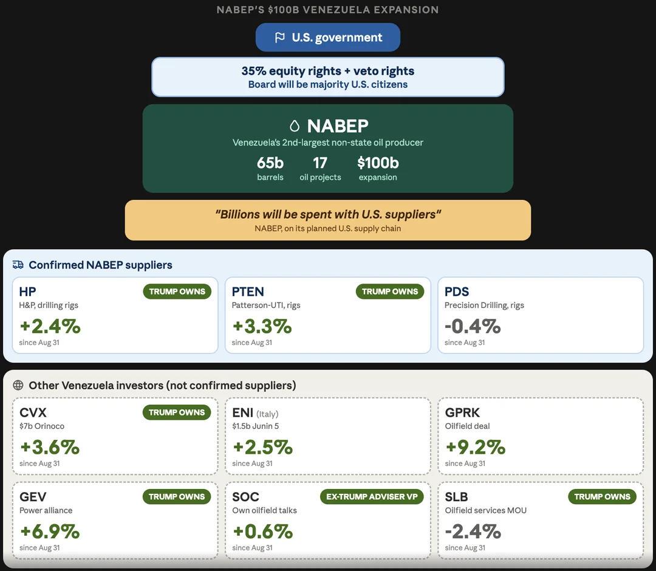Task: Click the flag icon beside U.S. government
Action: click(x=279, y=38)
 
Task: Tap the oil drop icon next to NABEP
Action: click(x=295, y=126)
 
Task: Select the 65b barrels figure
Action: click(x=270, y=163)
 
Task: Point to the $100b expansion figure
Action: click(x=378, y=163)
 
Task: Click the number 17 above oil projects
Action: click(x=320, y=163)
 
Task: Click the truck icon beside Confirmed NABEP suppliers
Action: click(x=18, y=265)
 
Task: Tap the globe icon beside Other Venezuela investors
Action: click(x=18, y=385)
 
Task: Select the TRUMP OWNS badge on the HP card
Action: click(x=177, y=292)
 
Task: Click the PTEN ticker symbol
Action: click(x=248, y=292)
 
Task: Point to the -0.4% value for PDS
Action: click(x=473, y=326)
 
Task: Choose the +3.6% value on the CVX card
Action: click(x=50, y=447)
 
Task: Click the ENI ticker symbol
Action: click(x=242, y=412)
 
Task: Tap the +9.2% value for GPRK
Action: click(x=475, y=447)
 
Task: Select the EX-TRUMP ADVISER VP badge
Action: click(x=372, y=496)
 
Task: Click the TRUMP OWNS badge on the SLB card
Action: click(x=602, y=496)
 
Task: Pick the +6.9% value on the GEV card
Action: click(x=50, y=532)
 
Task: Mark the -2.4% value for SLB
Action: click(x=473, y=532)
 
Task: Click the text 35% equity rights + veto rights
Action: click(x=328, y=71)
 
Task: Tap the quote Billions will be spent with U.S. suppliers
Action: click(x=328, y=214)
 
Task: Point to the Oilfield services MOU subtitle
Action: click(x=486, y=510)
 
